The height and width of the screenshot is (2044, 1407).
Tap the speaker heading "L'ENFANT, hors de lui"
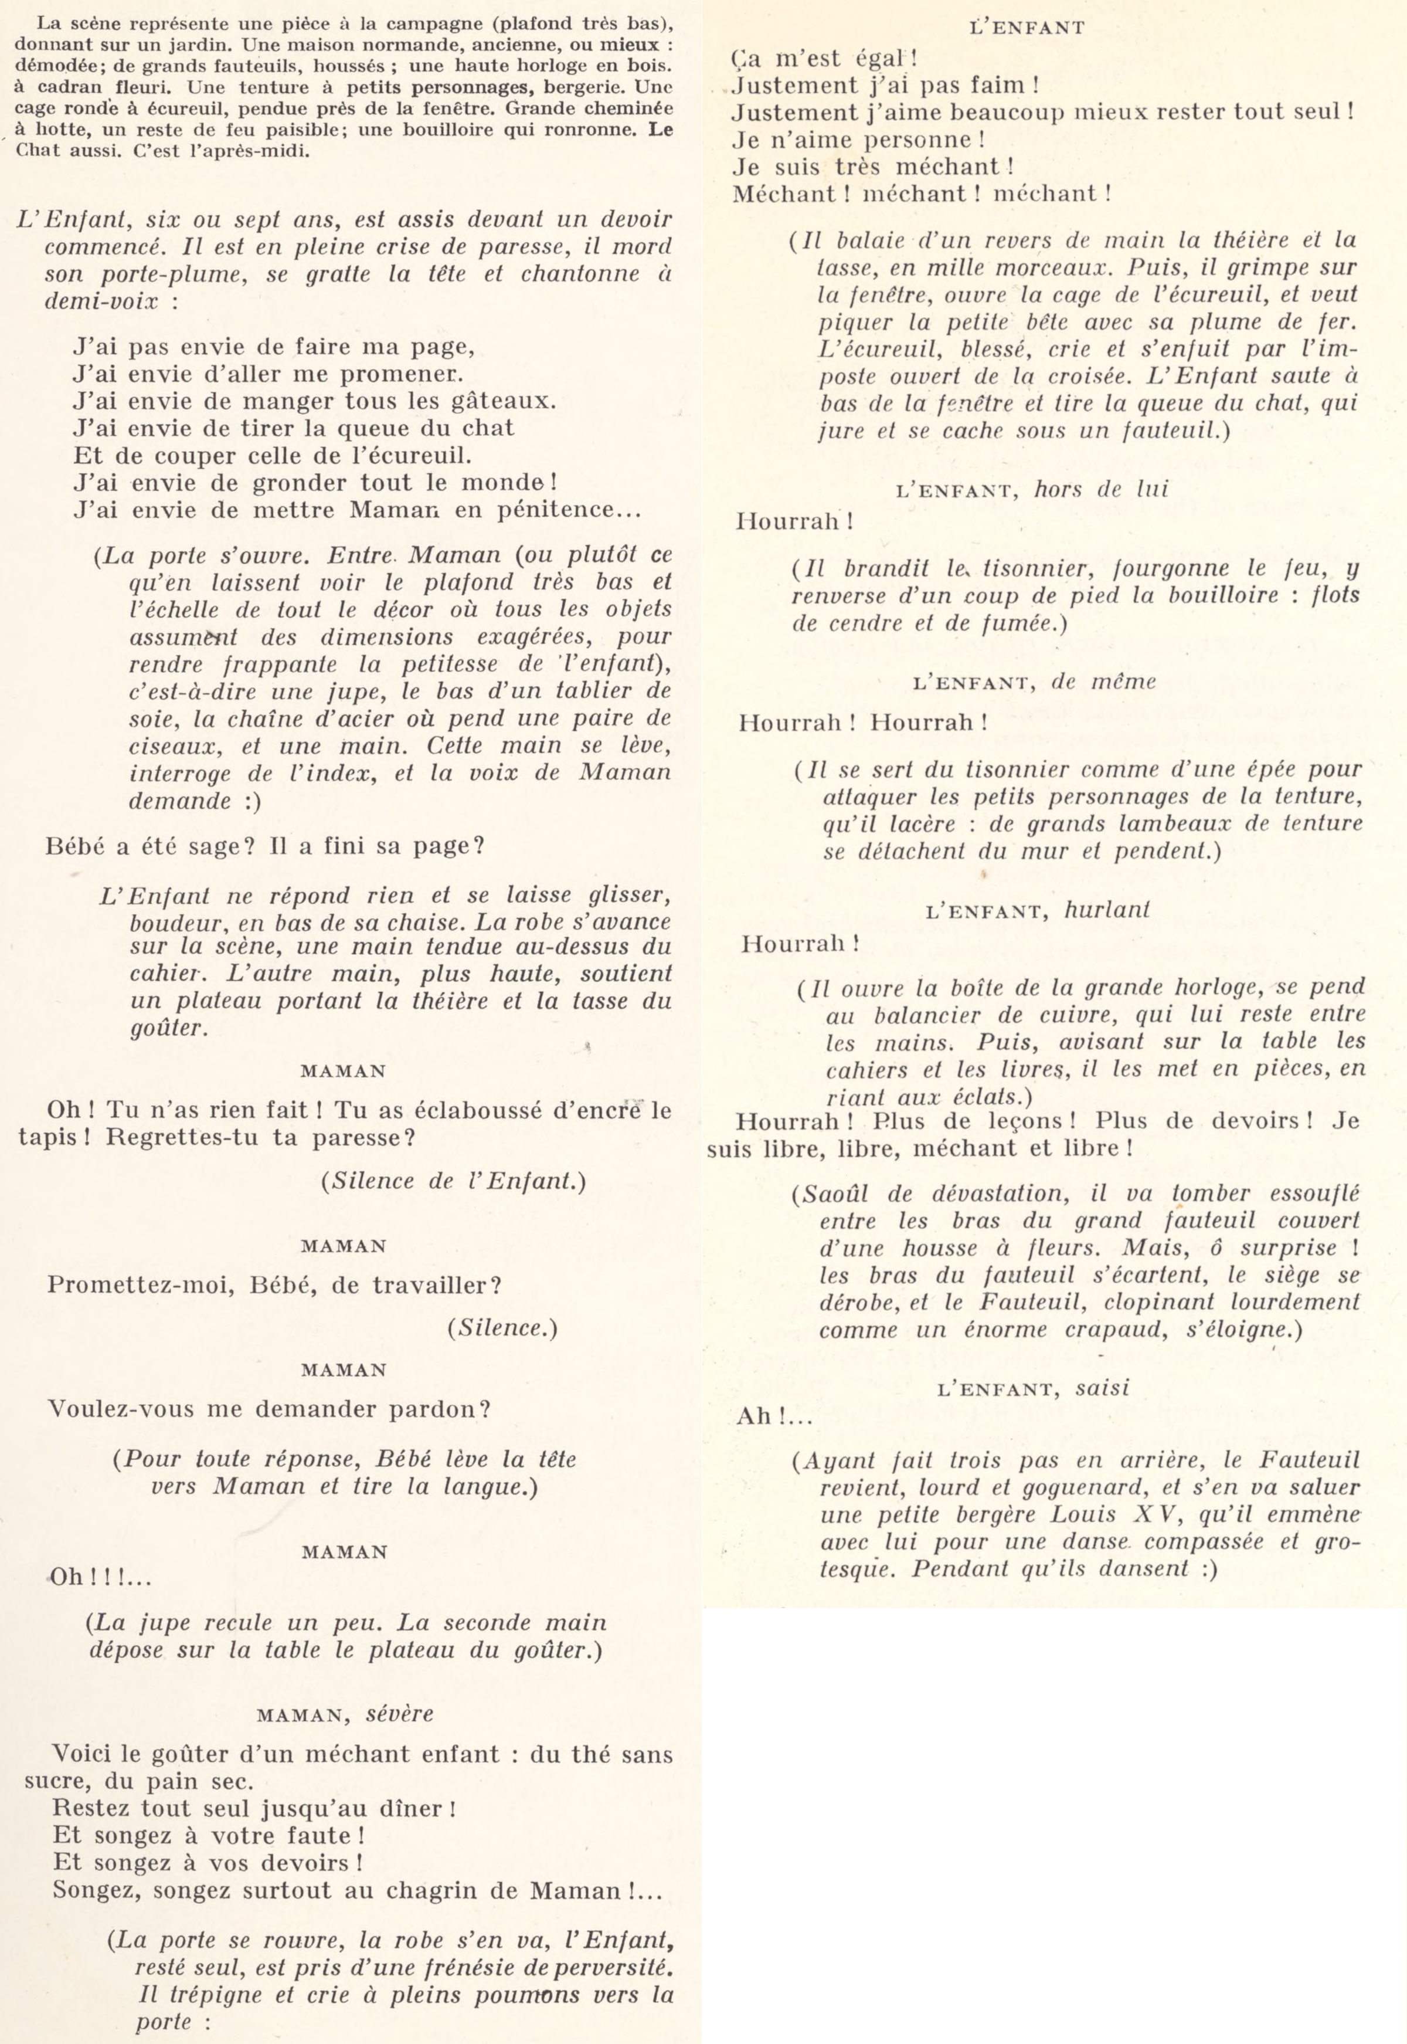[x=1031, y=489]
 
